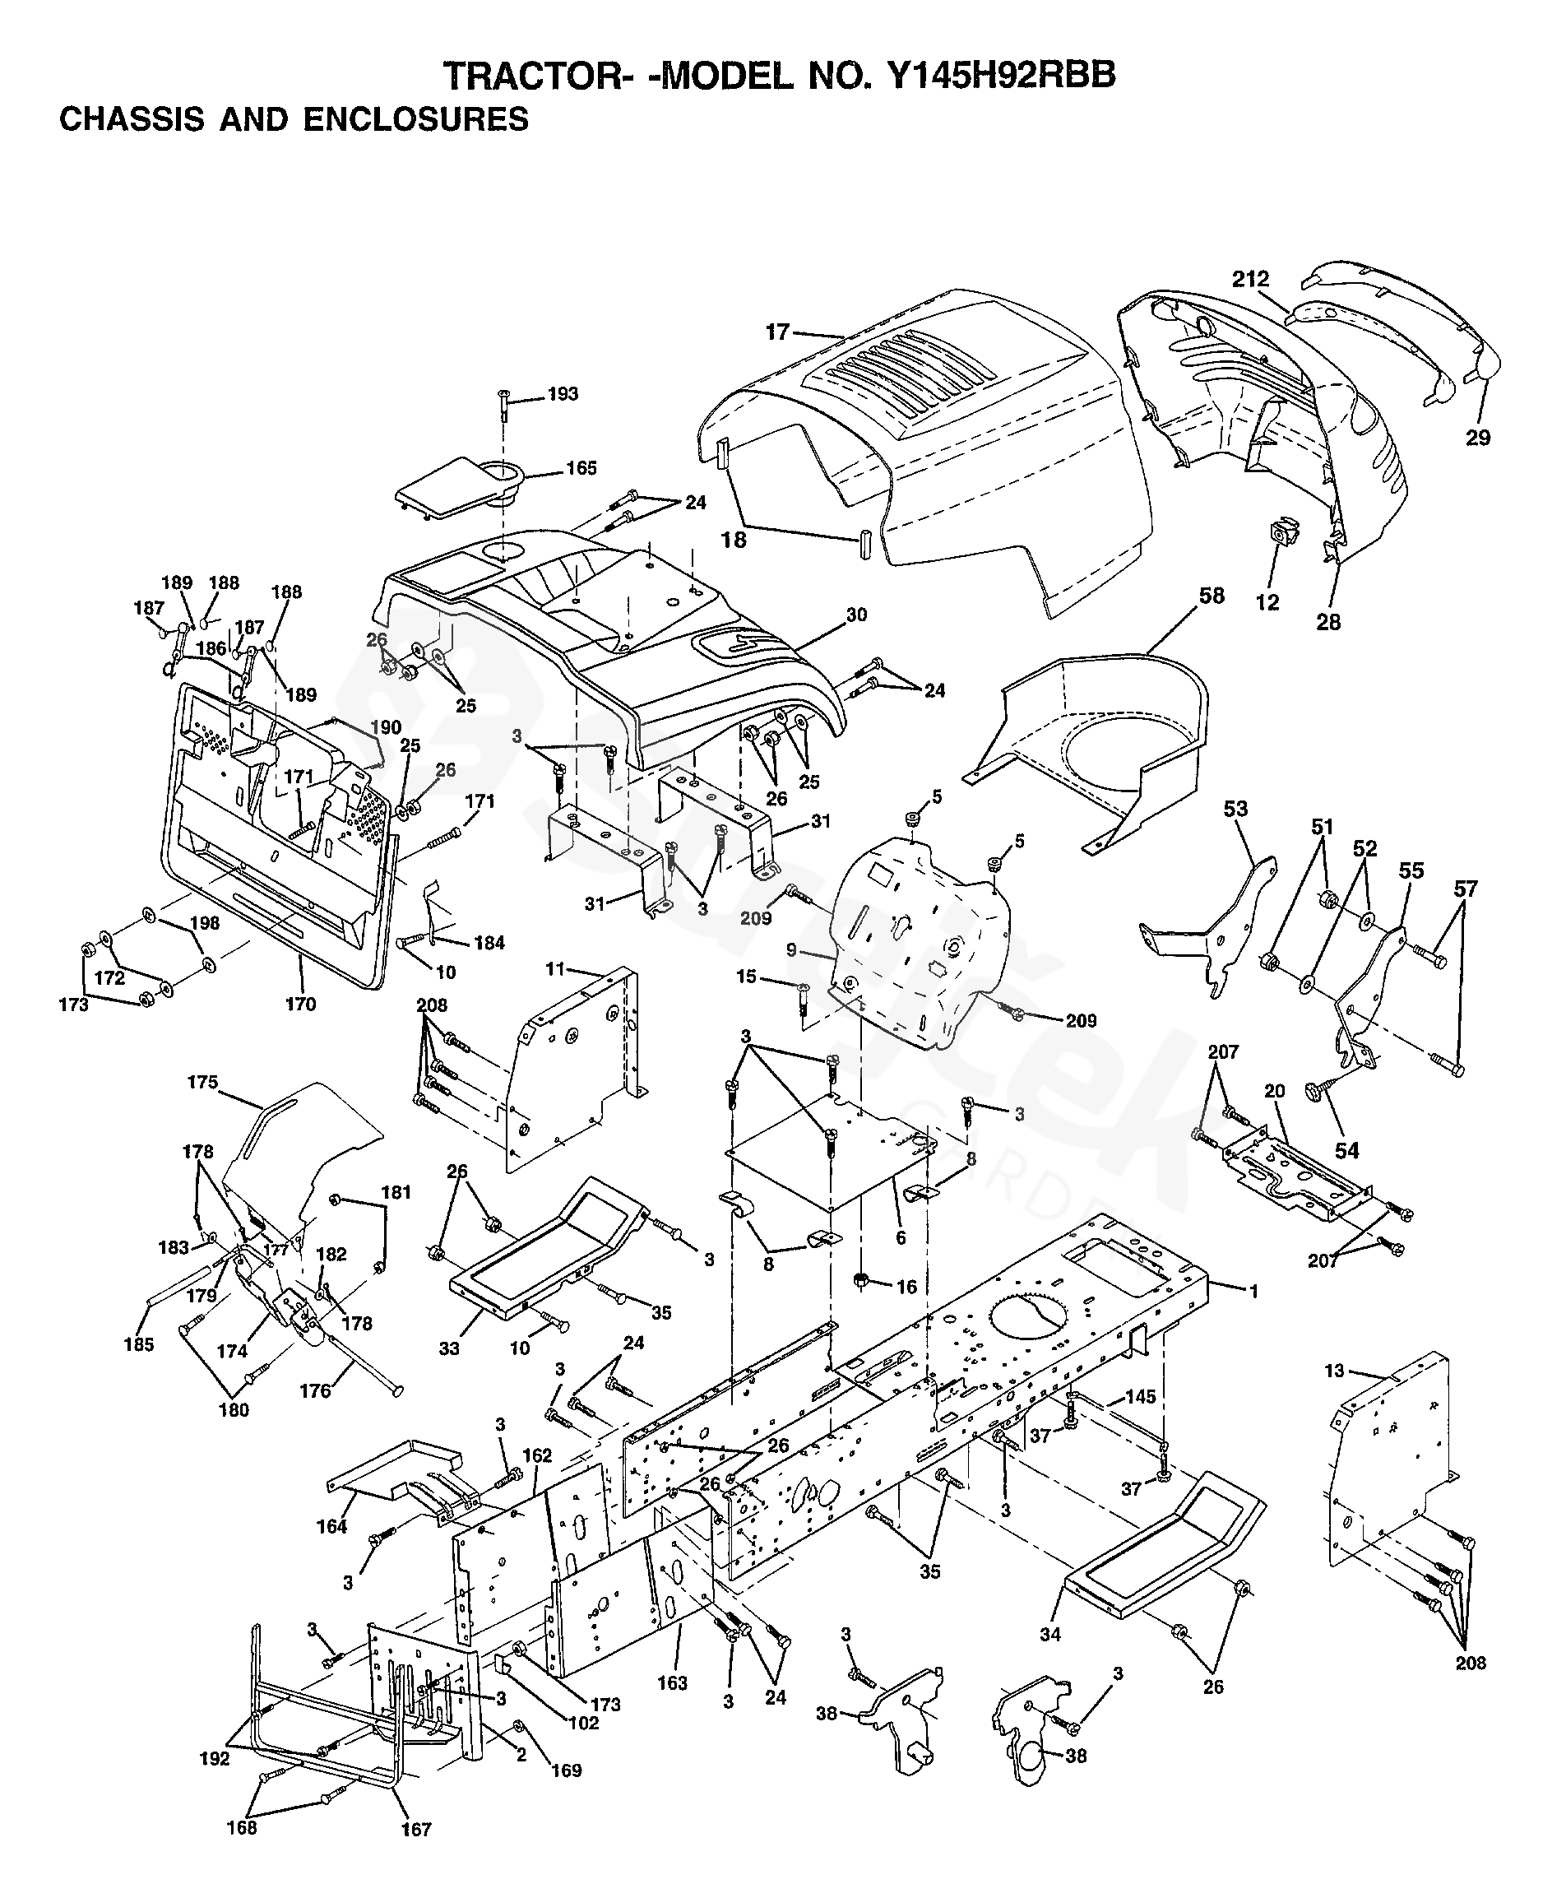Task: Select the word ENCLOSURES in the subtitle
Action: [x=415, y=119]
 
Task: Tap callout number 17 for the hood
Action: [x=776, y=333]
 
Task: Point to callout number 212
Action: [x=1250, y=280]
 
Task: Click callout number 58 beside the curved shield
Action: [x=1212, y=596]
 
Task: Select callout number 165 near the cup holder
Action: [x=581, y=468]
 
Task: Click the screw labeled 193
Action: [x=504, y=406]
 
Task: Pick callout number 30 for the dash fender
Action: [x=856, y=615]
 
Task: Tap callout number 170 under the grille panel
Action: [x=300, y=1004]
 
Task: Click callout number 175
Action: [x=202, y=1082]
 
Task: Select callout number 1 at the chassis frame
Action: [x=1254, y=1291]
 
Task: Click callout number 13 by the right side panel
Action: [x=1335, y=1371]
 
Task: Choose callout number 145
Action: [x=1140, y=1397]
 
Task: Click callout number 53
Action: [x=1236, y=809]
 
